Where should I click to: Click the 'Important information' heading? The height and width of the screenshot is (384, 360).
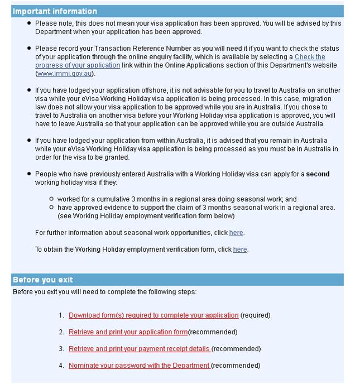55,11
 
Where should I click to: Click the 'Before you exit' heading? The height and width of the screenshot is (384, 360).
43,280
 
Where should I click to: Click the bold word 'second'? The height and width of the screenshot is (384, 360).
319,174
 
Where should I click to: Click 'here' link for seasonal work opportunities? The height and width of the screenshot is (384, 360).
236,233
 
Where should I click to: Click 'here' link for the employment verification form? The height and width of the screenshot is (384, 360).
240,249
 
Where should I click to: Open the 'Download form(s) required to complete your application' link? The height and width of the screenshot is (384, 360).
153,315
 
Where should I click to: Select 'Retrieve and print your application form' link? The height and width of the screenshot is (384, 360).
128,332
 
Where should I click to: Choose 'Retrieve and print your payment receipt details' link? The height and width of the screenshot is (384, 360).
140,349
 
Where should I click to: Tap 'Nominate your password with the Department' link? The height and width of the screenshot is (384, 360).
139,366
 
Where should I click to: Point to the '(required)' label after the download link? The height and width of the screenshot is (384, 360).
256,315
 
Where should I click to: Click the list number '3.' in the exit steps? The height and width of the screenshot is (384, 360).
61,349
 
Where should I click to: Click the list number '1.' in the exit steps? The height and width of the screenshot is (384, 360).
61,315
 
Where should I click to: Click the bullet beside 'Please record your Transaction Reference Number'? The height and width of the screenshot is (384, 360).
29,49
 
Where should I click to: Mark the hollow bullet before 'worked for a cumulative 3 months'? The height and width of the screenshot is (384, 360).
51,199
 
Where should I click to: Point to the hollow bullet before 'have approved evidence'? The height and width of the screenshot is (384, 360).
51,208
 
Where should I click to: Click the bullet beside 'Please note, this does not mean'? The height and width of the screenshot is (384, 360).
29,23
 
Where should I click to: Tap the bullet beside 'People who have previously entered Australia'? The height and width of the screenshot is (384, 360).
29,174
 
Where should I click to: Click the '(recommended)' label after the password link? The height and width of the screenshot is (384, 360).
236,366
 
